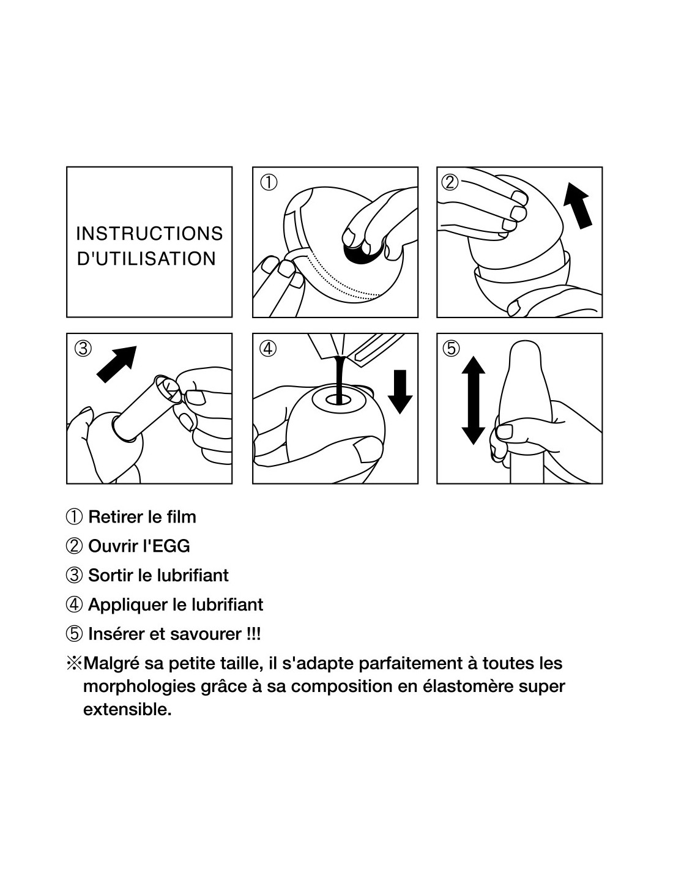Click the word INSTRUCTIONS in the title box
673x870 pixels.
(149, 234)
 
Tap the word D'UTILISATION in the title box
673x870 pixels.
(147, 259)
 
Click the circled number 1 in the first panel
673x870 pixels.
(268, 182)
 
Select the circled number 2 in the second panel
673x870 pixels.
(450, 182)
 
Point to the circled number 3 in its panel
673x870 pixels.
(83, 348)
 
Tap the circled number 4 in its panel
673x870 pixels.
(268, 348)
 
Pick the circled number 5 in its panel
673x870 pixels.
(451, 348)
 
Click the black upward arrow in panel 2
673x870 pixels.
(577, 206)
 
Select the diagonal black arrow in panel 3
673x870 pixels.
(117, 364)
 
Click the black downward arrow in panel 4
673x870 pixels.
(400, 392)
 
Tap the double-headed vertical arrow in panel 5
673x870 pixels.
(473, 400)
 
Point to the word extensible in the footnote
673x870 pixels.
(127, 710)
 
